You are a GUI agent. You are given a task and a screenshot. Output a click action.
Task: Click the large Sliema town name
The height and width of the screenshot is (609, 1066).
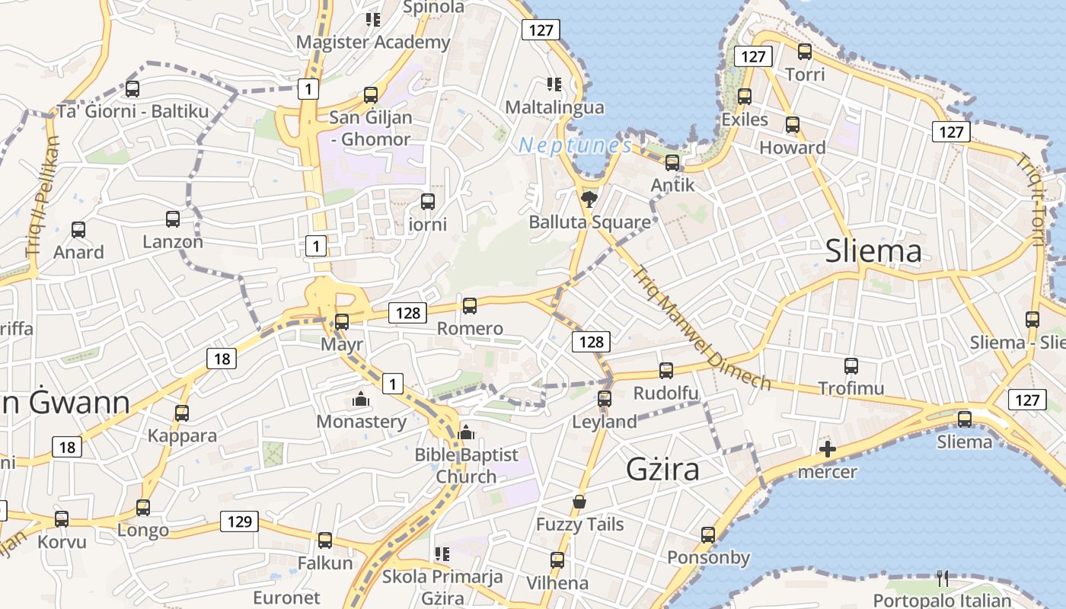[x=873, y=250]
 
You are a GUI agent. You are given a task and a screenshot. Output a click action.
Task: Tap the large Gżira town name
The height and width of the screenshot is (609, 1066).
[x=662, y=469]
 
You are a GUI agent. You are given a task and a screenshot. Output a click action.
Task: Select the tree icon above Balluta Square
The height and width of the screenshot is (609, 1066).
[x=589, y=200]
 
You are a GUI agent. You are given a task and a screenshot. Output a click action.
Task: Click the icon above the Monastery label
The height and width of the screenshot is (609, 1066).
[x=361, y=399]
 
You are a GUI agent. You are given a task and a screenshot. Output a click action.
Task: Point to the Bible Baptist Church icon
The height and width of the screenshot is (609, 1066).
[x=466, y=433]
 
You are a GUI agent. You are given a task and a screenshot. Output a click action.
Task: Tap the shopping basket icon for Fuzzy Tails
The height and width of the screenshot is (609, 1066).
[x=579, y=502]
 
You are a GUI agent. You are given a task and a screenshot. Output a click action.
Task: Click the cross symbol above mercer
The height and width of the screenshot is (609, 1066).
[x=828, y=450]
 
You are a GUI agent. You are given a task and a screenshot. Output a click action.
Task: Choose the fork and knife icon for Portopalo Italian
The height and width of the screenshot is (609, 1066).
[x=943, y=579]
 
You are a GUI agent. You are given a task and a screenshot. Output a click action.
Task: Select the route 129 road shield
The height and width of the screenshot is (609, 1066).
[x=239, y=521]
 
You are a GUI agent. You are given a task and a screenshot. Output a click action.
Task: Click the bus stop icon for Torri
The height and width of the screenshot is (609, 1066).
[x=805, y=52]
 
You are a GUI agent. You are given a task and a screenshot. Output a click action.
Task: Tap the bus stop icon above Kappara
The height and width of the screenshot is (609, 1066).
[x=182, y=413]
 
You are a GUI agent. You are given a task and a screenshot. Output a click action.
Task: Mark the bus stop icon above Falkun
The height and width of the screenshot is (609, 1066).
[x=325, y=540]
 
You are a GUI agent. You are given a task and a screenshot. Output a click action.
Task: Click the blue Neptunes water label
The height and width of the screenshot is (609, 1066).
[x=575, y=145]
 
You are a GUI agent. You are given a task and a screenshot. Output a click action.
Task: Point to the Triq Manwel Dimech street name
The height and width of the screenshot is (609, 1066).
[x=701, y=328]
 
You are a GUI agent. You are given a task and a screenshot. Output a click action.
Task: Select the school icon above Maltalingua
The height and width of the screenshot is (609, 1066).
[x=554, y=84]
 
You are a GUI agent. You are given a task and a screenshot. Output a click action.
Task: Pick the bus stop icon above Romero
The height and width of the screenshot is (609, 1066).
[x=470, y=306]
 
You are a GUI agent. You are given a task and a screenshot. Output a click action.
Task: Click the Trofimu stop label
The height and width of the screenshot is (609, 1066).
[x=851, y=388]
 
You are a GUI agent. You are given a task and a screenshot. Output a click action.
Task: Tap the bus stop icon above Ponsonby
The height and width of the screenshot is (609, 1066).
[x=708, y=535]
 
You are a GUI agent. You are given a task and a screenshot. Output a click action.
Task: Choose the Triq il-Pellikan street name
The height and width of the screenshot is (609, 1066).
[x=42, y=196]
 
